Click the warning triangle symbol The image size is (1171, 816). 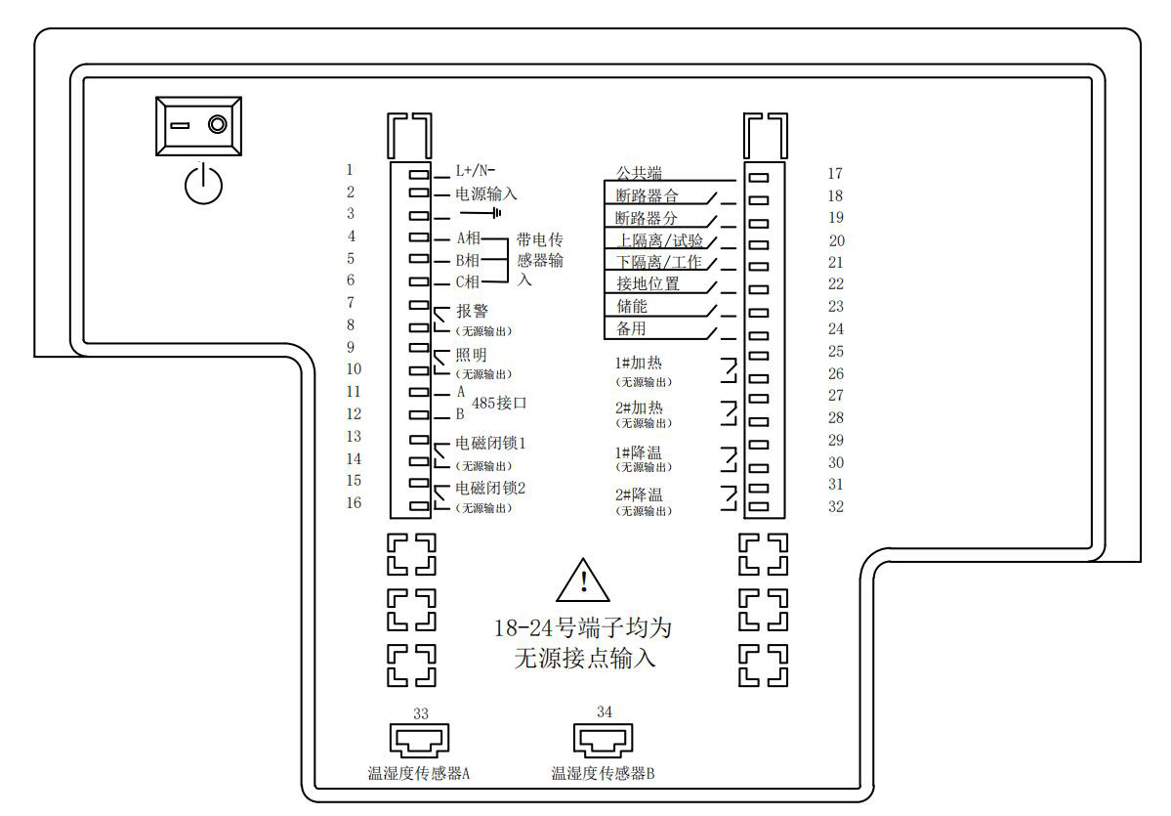pos(583,581)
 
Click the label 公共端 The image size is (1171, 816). pos(638,173)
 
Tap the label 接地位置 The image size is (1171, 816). pos(648,284)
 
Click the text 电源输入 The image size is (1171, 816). pos(486,193)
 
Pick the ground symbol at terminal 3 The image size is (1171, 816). pos(481,214)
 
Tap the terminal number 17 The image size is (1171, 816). pos(834,174)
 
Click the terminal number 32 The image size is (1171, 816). pos(835,507)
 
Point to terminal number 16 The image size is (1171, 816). pos(354,503)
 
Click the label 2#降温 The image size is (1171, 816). pos(639,495)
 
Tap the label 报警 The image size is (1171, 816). pos(472,313)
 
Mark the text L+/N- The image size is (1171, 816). pos(476,170)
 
